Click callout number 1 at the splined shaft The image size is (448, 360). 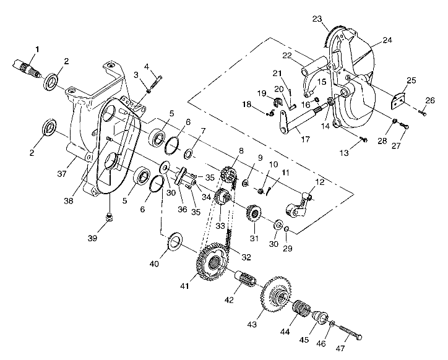click(37, 48)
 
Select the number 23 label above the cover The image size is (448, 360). click(317, 19)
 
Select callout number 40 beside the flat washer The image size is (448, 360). click(154, 263)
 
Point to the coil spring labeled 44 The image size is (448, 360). click(301, 307)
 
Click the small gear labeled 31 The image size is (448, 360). click(254, 213)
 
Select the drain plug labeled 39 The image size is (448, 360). click(109, 216)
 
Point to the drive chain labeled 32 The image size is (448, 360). click(229, 238)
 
